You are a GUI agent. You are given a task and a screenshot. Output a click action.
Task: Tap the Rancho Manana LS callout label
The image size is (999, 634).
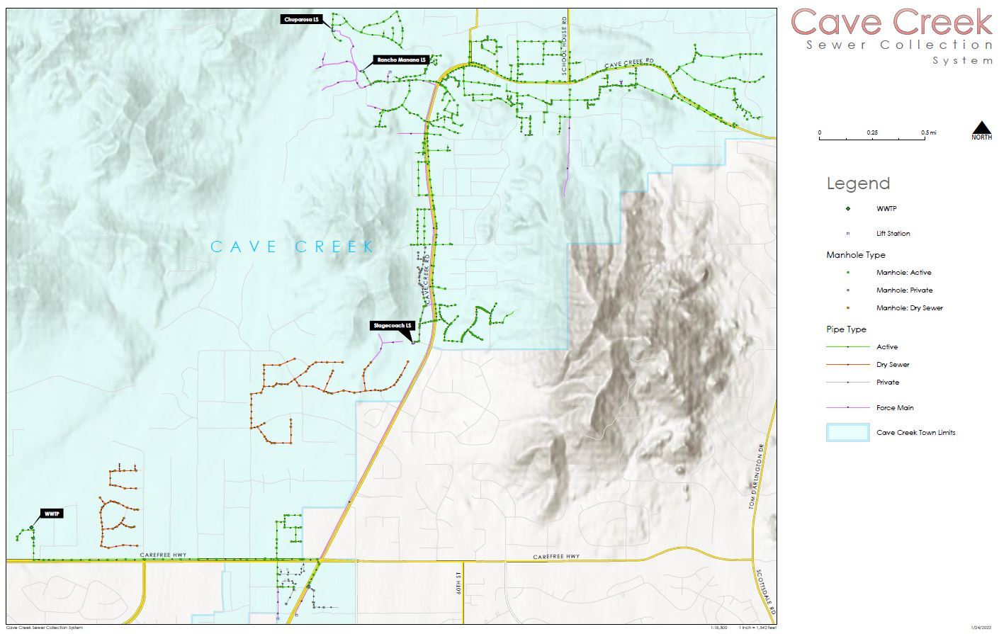pyautogui.click(x=401, y=60)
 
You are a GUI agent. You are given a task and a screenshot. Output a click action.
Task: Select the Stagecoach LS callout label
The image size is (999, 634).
pyautogui.click(x=393, y=326)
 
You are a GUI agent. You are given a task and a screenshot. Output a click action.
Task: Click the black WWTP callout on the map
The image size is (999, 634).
pyautogui.click(x=51, y=514)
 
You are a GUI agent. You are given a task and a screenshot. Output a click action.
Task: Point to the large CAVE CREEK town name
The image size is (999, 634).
pyautogui.click(x=293, y=247)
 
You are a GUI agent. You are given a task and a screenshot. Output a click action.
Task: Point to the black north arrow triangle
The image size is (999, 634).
pyautogui.click(x=981, y=128)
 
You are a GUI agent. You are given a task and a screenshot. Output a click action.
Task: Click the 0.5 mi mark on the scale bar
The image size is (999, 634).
pyautogui.click(x=928, y=132)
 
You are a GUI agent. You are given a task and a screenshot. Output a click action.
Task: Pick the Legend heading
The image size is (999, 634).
pyautogui.click(x=857, y=184)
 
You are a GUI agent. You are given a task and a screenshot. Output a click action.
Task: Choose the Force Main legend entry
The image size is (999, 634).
pyautogui.click(x=895, y=407)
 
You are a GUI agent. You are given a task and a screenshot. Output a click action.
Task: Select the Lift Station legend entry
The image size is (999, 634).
pyautogui.click(x=893, y=233)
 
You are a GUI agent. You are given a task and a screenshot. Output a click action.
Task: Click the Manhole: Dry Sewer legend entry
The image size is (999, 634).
pyautogui.click(x=909, y=308)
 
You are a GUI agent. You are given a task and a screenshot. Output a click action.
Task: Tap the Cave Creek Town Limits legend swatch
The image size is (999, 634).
pyautogui.click(x=847, y=432)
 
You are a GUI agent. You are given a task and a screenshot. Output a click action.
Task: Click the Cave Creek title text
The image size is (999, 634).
pyautogui.click(x=891, y=23)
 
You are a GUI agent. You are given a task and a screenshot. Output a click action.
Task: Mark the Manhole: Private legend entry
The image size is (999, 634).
pyautogui.click(x=904, y=290)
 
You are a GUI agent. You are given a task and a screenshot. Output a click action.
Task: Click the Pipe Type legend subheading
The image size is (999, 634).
pyautogui.click(x=846, y=329)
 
